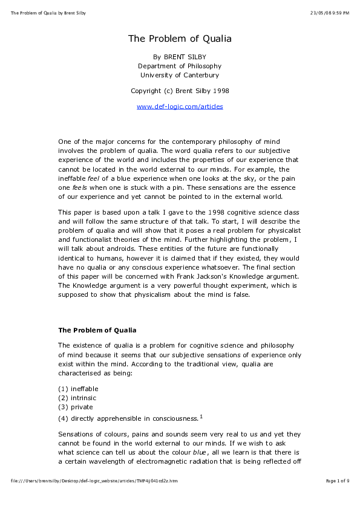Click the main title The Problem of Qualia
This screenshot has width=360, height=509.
pos(180,39)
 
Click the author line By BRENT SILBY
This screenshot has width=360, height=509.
pos(180,56)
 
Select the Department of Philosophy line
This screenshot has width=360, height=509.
pos(180,66)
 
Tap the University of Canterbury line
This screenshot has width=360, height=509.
pos(180,76)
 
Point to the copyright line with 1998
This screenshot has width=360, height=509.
pos(180,91)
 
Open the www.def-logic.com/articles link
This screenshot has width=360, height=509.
pos(180,107)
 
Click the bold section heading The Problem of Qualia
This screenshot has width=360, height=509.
pos(97,331)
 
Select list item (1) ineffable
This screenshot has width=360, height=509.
pos(78,389)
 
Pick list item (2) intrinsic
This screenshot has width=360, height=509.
pos(77,398)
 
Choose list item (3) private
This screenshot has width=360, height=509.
pos(76,407)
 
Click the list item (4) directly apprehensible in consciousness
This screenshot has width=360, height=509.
pos(128,418)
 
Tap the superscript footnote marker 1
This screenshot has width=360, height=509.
pos(201,416)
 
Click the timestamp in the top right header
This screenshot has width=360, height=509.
pos(329,13)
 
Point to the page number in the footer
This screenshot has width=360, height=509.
pos(337,481)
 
